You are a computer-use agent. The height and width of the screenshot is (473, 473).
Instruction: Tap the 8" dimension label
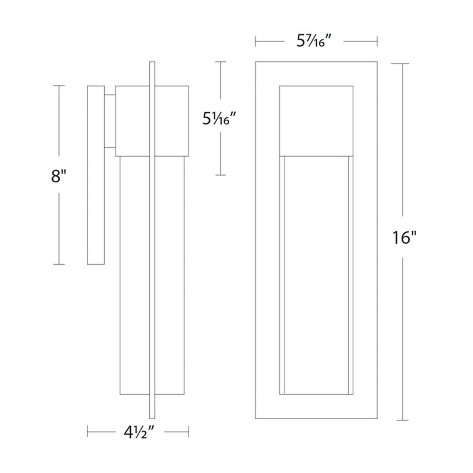coord(59,176)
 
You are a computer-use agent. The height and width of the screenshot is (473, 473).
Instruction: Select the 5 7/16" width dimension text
coord(315,41)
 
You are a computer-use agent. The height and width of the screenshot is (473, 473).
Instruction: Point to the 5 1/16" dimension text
coord(219,119)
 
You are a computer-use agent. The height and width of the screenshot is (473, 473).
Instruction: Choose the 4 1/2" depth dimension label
coord(140,433)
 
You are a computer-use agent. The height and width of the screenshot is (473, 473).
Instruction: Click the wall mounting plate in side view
coord(96,175)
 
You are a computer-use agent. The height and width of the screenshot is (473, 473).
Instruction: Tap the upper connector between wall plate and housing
coord(110,96)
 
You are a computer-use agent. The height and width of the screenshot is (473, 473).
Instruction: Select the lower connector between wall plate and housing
coord(110,148)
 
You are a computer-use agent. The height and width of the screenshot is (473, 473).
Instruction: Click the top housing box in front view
coord(316,121)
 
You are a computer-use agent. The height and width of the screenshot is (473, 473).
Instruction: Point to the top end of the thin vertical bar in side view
coord(152,62)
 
